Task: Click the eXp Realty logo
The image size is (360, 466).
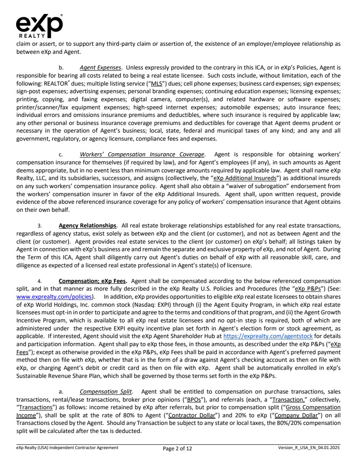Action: pyautogui.click(x=39, y=25)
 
